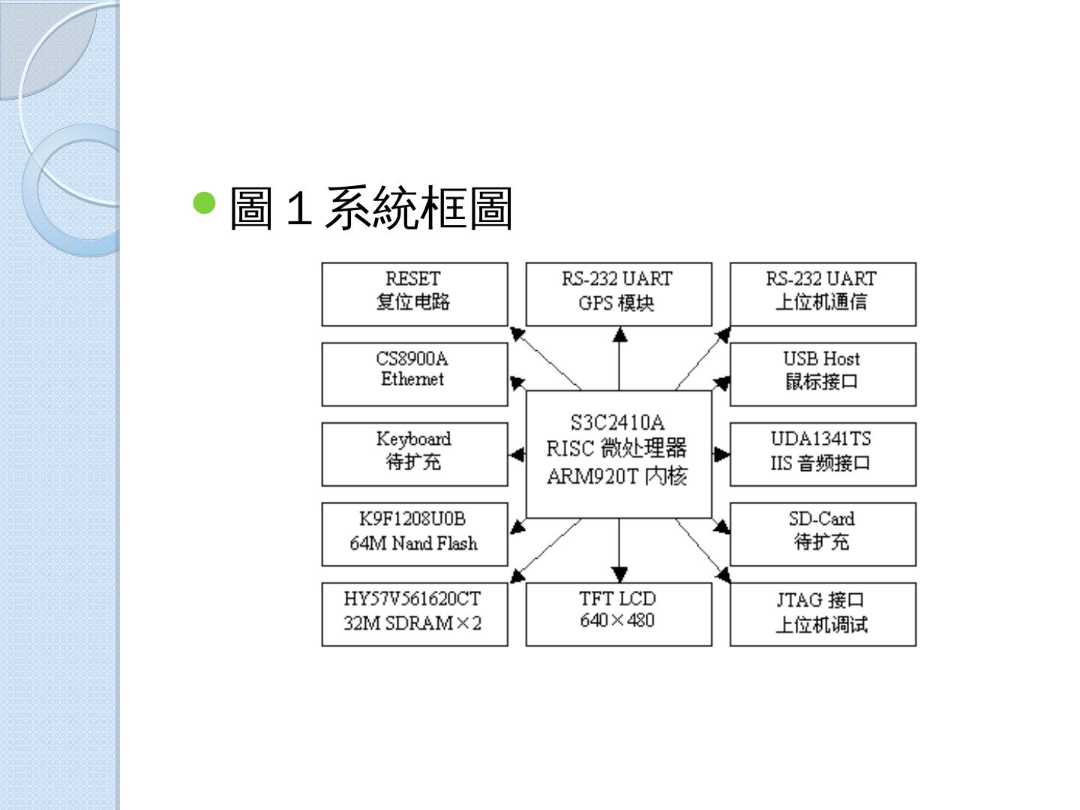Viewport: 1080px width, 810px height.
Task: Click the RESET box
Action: (x=414, y=294)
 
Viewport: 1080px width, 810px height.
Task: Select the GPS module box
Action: (x=618, y=294)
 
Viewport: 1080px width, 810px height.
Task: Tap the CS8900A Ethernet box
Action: (x=414, y=374)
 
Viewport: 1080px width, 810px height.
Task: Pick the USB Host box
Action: (x=822, y=374)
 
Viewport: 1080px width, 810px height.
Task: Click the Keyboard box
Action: (x=414, y=454)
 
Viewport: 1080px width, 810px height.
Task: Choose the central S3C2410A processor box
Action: (x=618, y=454)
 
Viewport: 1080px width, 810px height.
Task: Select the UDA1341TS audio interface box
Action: (x=822, y=454)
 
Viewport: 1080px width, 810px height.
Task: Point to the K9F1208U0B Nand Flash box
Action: (x=414, y=534)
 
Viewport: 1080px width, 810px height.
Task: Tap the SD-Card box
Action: (x=822, y=534)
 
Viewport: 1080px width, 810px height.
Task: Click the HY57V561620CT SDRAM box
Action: (x=414, y=614)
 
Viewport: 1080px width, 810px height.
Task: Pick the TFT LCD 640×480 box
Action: (x=618, y=614)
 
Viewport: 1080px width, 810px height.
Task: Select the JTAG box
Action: (x=822, y=614)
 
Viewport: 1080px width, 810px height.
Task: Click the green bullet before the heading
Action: (x=204, y=202)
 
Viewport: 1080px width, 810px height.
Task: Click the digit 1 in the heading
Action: (x=298, y=208)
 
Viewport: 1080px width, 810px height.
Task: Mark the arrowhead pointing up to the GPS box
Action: (x=619, y=334)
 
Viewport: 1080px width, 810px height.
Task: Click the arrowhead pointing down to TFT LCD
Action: (x=619, y=574)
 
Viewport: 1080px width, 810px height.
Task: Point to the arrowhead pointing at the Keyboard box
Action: (x=517, y=454)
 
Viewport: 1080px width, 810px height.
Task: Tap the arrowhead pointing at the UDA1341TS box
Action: (x=721, y=454)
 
